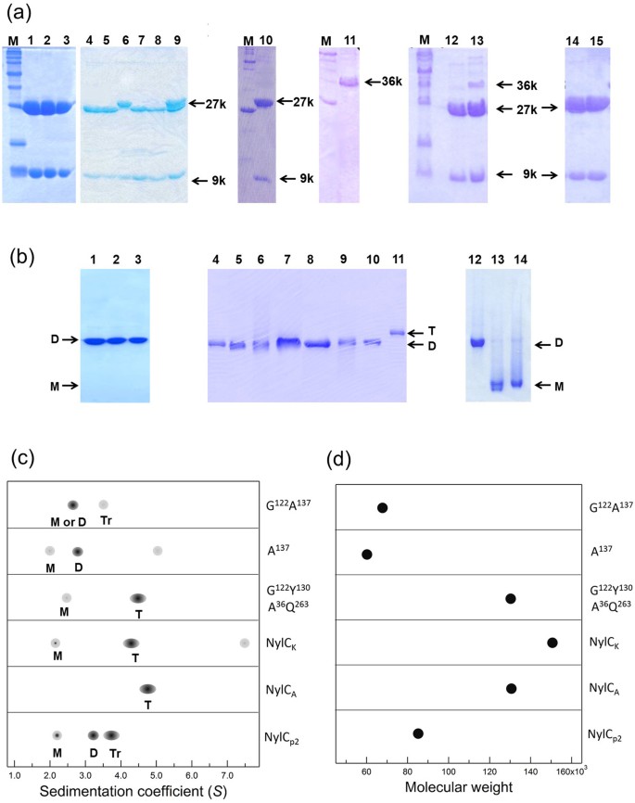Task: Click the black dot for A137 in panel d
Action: [x=367, y=554]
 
